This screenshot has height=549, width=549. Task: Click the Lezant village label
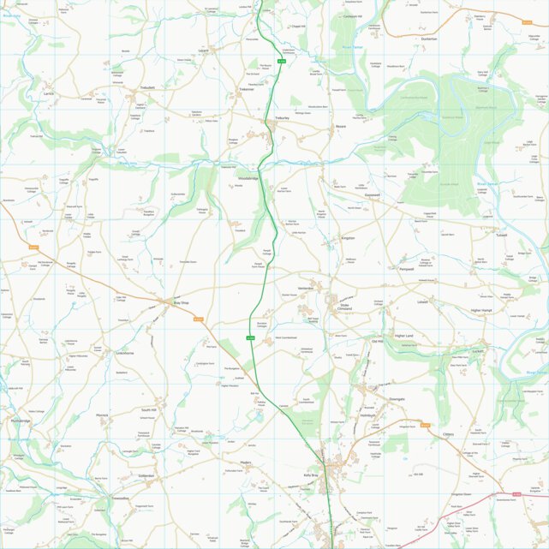[203, 51]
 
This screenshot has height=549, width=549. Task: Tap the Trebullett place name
[150, 87]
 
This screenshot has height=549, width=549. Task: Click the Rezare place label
[340, 125]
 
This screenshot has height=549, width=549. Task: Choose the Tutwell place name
[501, 235]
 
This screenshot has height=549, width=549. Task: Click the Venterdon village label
[306, 289]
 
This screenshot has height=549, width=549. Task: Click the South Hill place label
[149, 410]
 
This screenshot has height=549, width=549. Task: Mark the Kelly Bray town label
[310, 474]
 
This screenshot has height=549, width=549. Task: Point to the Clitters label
[448, 434]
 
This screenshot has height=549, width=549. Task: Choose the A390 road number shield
[516, 493]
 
